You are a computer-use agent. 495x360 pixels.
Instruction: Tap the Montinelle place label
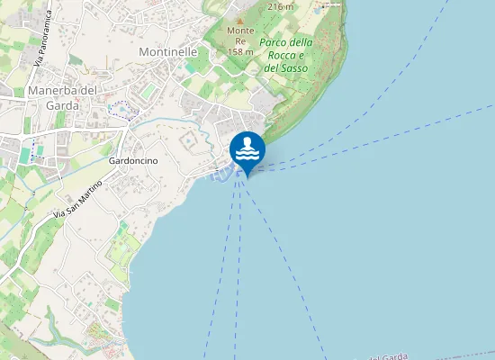click(x=168, y=52)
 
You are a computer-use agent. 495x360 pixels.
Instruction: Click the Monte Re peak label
click(x=239, y=35)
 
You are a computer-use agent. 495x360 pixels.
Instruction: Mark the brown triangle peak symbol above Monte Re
click(x=239, y=18)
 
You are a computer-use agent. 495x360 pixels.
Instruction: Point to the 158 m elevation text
click(x=239, y=51)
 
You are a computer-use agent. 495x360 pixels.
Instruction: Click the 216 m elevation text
click(x=281, y=5)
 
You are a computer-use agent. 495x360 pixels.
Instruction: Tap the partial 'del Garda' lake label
click(x=390, y=356)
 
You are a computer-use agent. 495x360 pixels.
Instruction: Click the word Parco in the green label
click(x=273, y=42)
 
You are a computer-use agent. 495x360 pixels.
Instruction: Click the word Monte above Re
click(x=239, y=30)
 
